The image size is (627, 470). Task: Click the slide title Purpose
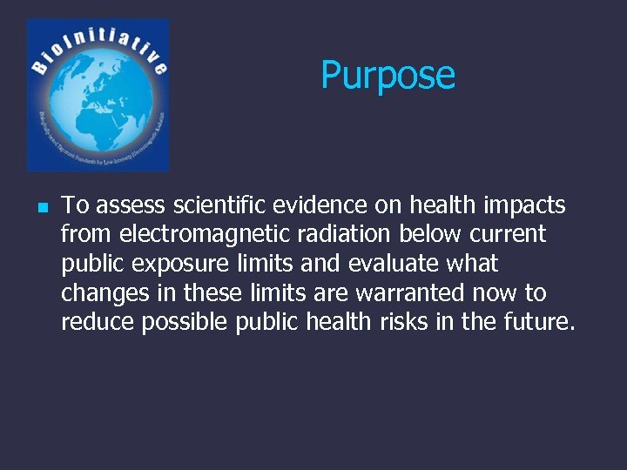pyautogui.click(x=388, y=76)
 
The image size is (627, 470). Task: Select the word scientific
pyautogui.click(x=220, y=205)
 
